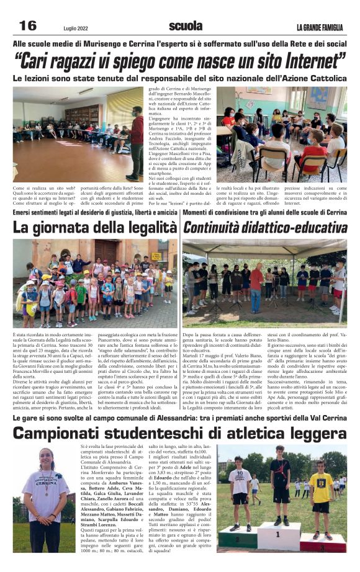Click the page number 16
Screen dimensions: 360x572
click(x=29, y=26)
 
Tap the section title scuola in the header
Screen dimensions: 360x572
click(x=186, y=26)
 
